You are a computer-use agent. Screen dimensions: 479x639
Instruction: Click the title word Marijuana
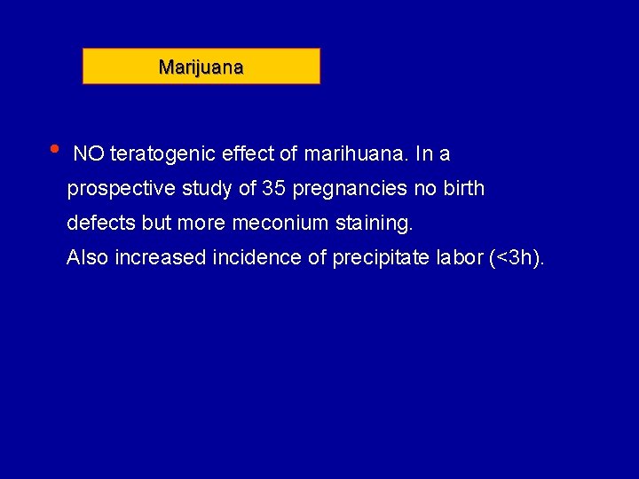pos(201,67)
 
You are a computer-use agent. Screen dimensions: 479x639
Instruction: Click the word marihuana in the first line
pos(356,154)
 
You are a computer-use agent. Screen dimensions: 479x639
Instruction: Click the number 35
pos(273,189)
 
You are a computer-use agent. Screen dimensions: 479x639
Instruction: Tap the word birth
pos(462,189)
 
